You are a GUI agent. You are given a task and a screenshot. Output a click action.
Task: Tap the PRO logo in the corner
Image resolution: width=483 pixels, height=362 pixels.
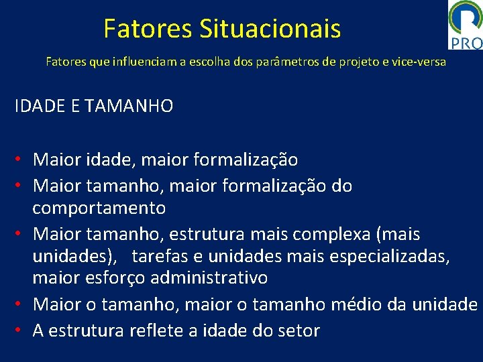(466, 25)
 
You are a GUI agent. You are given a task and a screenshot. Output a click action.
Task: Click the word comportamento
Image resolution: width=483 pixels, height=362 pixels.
(99, 208)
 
